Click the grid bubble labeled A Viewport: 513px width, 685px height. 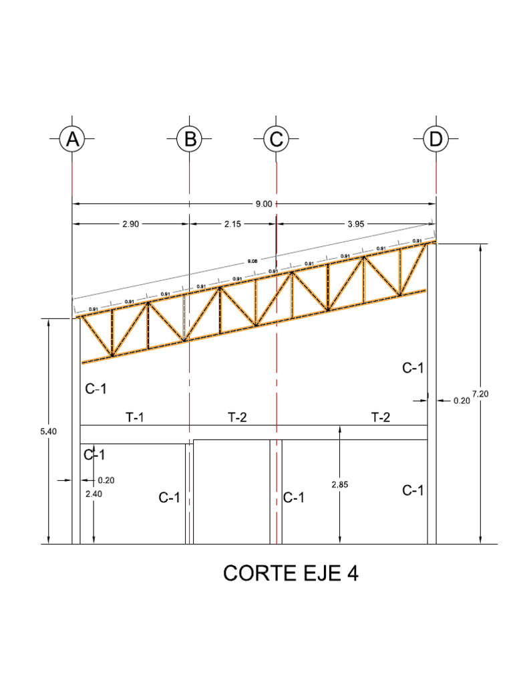(72, 140)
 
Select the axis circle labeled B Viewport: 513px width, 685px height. (190, 140)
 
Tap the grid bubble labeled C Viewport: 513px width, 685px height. (276, 140)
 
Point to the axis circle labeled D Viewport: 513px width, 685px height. (436, 140)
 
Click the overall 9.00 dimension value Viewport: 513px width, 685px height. (264, 204)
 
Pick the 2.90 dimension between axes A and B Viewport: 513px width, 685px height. (130, 225)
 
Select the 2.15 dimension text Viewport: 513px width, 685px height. (232, 225)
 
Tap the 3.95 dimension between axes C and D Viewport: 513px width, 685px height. (356, 225)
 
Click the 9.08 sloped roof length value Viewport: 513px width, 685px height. (252, 260)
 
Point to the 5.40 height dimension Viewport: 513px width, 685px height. (49, 431)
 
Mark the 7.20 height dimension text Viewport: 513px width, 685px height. (480, 394)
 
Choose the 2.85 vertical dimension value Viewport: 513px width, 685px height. (340, 484)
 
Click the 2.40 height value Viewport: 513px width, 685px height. (94, 494)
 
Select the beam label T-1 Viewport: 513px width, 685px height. (135, 417)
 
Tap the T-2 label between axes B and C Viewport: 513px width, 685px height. (237, 417)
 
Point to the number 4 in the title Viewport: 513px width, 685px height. (351, 573)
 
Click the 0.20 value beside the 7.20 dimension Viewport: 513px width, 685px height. (462, 401)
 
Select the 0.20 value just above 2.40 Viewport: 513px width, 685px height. (106, 480)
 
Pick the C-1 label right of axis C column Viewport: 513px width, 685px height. (295, 498)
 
